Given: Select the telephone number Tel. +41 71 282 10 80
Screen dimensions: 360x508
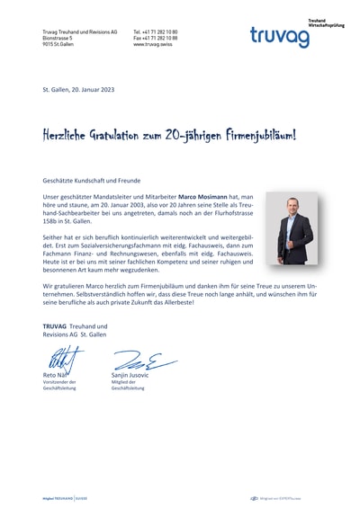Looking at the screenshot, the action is [155, 31].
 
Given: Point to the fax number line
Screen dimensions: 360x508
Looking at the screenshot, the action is [155, 38].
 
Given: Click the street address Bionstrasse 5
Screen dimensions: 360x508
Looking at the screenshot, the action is [58, 38].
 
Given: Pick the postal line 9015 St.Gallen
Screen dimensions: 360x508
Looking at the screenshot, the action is [58, 44].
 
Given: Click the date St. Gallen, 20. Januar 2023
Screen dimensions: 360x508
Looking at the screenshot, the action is [78, 90].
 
